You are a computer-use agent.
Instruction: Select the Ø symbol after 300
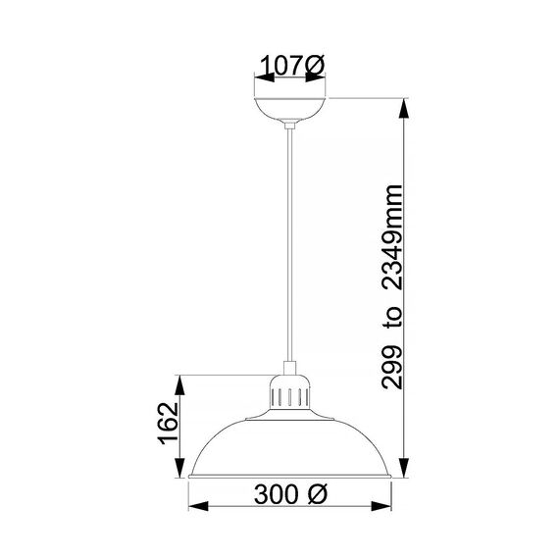coord(317,495)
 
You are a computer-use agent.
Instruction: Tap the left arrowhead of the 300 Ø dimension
coord(193,506)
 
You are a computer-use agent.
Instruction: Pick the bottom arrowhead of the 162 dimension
coord(178,473)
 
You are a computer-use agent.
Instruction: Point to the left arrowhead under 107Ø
coord(258,85)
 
